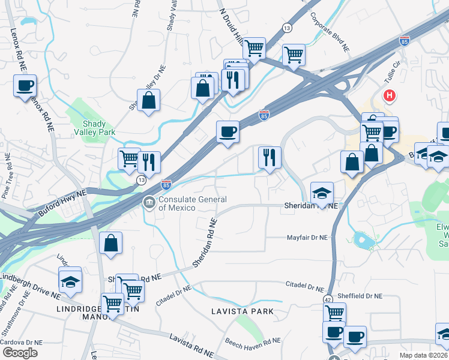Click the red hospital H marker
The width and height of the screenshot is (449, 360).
tap(390, 95)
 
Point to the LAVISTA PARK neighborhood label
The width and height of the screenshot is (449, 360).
tap(242, 311)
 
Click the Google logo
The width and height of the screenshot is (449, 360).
tap(20, 353)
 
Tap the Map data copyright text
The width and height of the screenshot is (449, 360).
tap(423, 355)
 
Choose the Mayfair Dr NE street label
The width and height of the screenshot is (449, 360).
tap(306, 237)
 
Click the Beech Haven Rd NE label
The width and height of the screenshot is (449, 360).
tap(253, 341)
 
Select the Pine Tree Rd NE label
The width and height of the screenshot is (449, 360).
tap(7, 176)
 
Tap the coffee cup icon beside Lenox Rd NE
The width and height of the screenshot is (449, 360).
tap(25, 86)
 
